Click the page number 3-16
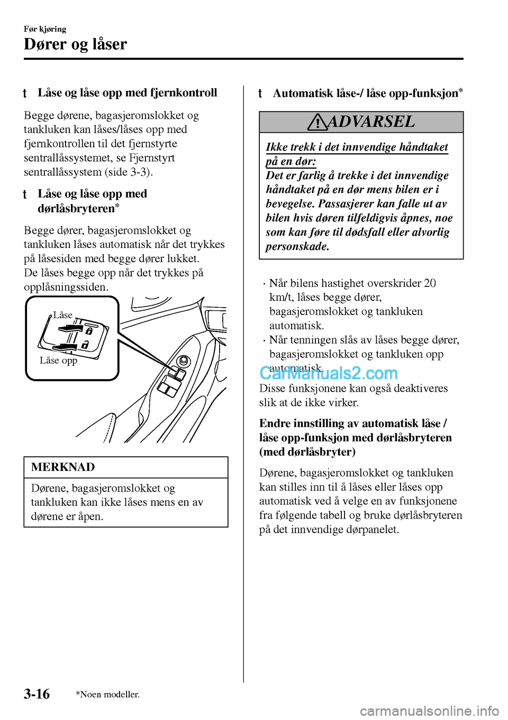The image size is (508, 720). (37, 694)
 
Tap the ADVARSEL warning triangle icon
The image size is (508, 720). (317, 123)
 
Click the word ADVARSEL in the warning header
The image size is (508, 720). (371, 122)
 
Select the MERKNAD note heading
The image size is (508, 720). (63, 467)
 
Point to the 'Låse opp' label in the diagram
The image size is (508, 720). (58, 361)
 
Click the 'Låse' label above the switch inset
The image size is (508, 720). (62, 315)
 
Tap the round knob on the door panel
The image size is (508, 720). (184, 361)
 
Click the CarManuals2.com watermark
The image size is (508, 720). (328, 373)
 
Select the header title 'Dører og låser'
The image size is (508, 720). (75, 44)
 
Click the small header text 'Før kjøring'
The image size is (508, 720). (45, 29)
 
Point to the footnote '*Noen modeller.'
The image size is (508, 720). (107, 694)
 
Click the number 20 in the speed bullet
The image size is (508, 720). (430, 283)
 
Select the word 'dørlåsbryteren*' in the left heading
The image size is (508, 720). (78, 208)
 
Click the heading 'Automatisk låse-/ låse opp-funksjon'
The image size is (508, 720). (365, 94)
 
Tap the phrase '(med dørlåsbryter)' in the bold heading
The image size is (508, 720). (307, 451)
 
